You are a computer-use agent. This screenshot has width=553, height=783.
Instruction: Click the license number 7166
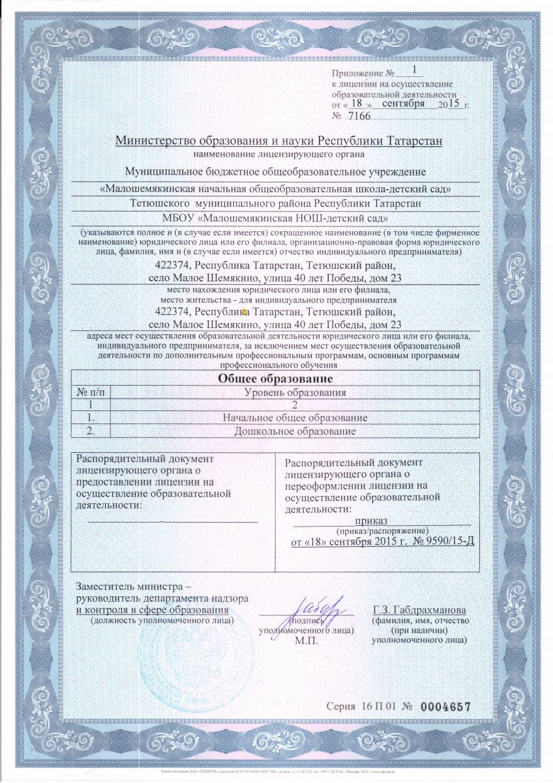coord(359,117)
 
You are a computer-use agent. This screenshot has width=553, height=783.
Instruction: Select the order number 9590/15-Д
coord(441,542)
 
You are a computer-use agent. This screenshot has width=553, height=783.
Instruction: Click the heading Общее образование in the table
coord(275,378)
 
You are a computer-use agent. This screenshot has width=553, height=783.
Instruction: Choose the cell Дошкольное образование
coord(295,431)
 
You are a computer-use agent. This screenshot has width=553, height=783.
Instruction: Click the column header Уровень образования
coord(295,391)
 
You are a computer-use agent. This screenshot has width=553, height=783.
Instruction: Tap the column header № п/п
coord(90,391)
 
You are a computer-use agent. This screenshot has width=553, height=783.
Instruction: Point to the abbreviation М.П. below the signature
coord(305,641)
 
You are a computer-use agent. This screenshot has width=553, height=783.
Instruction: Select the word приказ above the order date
coord(372,520)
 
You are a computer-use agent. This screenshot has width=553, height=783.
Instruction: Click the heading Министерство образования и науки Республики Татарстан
coord(278,141)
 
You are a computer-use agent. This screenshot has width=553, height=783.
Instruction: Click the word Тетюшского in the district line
coord(160,204)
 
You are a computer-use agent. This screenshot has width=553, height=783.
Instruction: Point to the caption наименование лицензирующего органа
coord(278,155)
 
